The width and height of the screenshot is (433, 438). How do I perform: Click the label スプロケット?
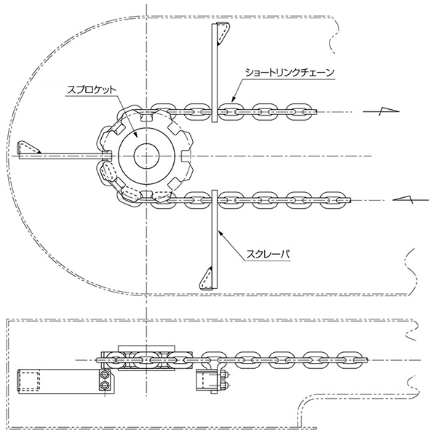[92, 89]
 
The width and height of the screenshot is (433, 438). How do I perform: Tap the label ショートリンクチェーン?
[290, 73]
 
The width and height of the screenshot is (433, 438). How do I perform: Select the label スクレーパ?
[268, 255]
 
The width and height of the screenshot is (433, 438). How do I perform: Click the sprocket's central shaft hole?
[146, 156]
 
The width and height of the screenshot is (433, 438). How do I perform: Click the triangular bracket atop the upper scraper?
[223, 33]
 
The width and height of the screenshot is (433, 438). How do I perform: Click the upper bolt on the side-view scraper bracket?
[105, 374]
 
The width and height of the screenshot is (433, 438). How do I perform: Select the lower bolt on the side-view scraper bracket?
[105, 386]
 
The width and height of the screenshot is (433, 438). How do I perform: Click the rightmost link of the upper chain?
[298, 112]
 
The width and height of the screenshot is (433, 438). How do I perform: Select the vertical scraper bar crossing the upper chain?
[214, 73]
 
